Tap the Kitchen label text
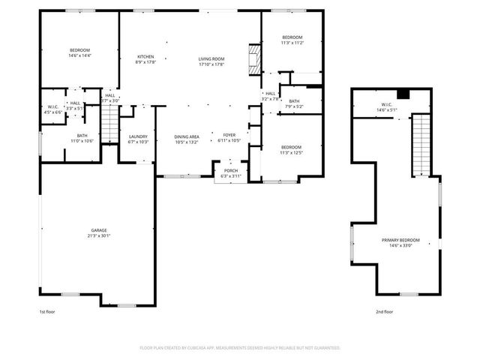[x=145, y=57]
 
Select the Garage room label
[x=98, y=230]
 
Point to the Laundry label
[x=139, y=136]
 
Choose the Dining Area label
[x=187, y=136]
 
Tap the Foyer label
[x=228, y=136]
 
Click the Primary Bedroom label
[x=404, y=240]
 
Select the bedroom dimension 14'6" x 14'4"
[x=79, y=55]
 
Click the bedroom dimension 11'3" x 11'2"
[x=292, y=43]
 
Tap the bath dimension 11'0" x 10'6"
[x=82, y=141]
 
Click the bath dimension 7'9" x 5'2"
[x=294, y=106]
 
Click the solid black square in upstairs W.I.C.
[x=403, y=94]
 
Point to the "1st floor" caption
[x=48, y=311]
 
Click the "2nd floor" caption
[x=385, y=311]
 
